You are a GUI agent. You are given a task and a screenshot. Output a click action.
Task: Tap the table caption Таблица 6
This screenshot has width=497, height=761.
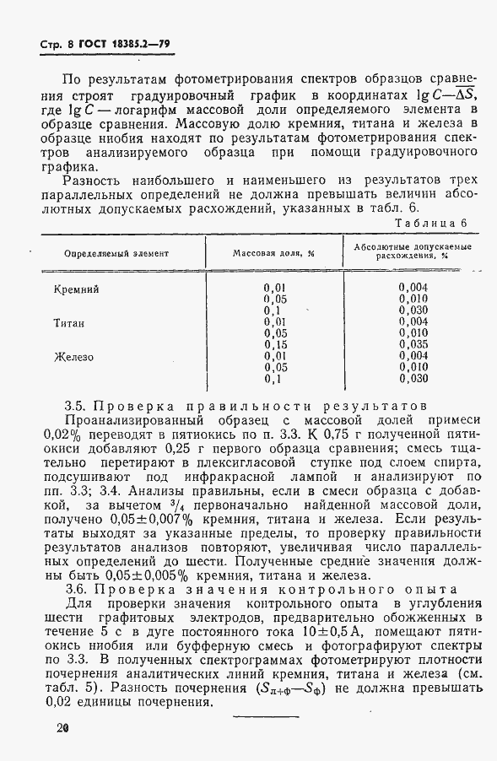click(432, 223)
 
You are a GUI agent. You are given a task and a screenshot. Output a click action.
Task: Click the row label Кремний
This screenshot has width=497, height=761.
click(77, 289)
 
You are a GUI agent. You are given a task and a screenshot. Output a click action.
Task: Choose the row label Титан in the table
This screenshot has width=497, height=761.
click(70, 323)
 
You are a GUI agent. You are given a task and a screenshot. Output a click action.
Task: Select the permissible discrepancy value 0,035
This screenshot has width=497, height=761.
click(413, 345)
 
